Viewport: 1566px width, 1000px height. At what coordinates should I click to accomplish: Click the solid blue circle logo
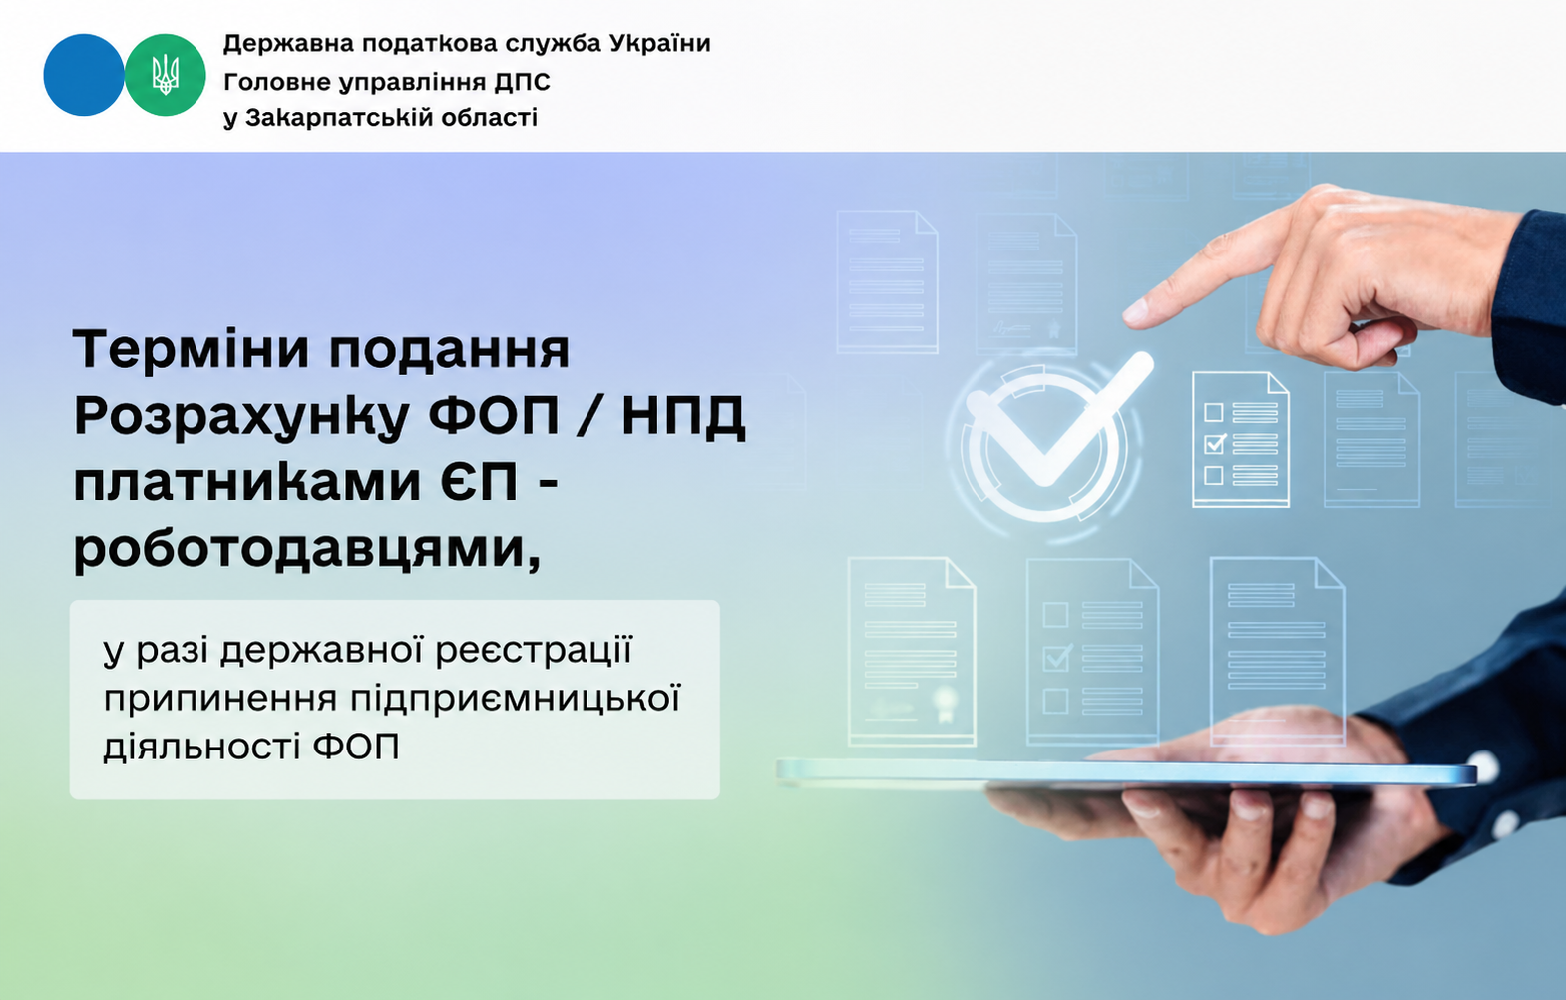click(84, 75)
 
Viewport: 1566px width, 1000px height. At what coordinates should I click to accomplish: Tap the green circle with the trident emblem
click(166, 75)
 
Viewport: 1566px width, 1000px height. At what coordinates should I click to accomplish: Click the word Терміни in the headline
click(192, 349)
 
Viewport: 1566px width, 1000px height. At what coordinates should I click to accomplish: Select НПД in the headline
click(683, 417)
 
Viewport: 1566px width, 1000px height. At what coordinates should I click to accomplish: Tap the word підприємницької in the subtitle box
click(516, 699)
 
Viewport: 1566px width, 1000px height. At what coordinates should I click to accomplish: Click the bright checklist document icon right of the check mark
click(1240, 440)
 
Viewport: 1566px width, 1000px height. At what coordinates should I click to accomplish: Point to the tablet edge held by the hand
click(1125, 772)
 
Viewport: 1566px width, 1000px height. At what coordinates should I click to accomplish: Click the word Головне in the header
click(277, 83)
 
